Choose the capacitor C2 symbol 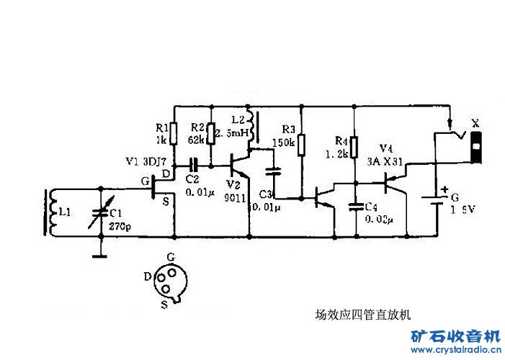(193, 165)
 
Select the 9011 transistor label (235, 197)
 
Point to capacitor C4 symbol (354, 206)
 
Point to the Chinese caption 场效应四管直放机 (353, 314)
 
